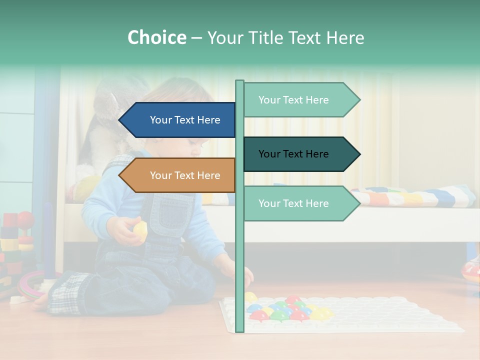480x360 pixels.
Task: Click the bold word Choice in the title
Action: [x=156, y=38]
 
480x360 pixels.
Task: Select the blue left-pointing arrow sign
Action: [x=177, y=120]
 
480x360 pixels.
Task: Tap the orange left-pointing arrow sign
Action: [x=177, y=175]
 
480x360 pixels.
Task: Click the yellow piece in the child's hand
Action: [x=140, y=230]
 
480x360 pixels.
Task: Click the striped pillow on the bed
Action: [x=412, y=196]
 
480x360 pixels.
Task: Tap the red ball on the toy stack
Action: [x=25, y=218]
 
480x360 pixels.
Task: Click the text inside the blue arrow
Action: [x=185, y=120]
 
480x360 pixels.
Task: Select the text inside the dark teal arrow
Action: [x=293, y=154]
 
